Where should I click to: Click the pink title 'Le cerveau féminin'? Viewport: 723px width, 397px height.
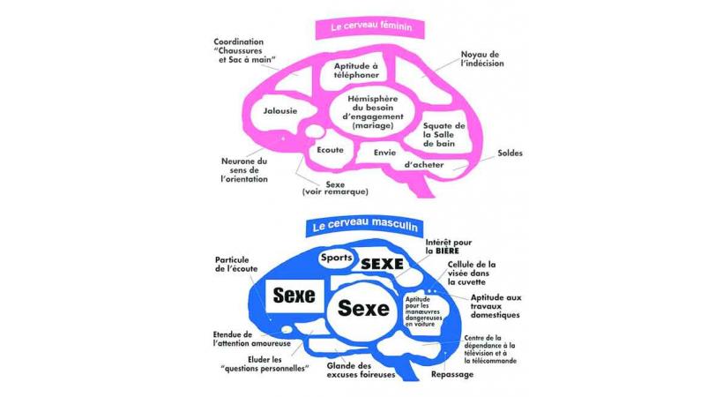click(369, 27)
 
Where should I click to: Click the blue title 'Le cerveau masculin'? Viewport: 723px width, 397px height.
click(364, 226)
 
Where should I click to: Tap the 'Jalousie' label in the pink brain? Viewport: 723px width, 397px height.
click(280, 111)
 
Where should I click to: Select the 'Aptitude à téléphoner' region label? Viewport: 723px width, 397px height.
click(356, 71)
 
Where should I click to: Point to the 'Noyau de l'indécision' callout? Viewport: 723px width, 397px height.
click(481, 59)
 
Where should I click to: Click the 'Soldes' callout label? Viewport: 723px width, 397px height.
click(510, 153)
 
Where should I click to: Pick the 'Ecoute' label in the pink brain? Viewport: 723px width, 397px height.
click(330, 150)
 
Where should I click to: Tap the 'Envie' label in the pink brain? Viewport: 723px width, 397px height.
click(384, 152)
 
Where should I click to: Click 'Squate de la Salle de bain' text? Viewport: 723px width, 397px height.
click(444, 134)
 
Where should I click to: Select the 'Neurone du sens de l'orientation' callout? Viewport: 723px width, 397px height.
click(243, 170)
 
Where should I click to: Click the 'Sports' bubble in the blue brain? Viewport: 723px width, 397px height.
click(336, 258)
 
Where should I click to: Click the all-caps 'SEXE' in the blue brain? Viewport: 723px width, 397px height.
click(383, 264)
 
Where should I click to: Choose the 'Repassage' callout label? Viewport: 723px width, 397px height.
click(451, 374)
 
